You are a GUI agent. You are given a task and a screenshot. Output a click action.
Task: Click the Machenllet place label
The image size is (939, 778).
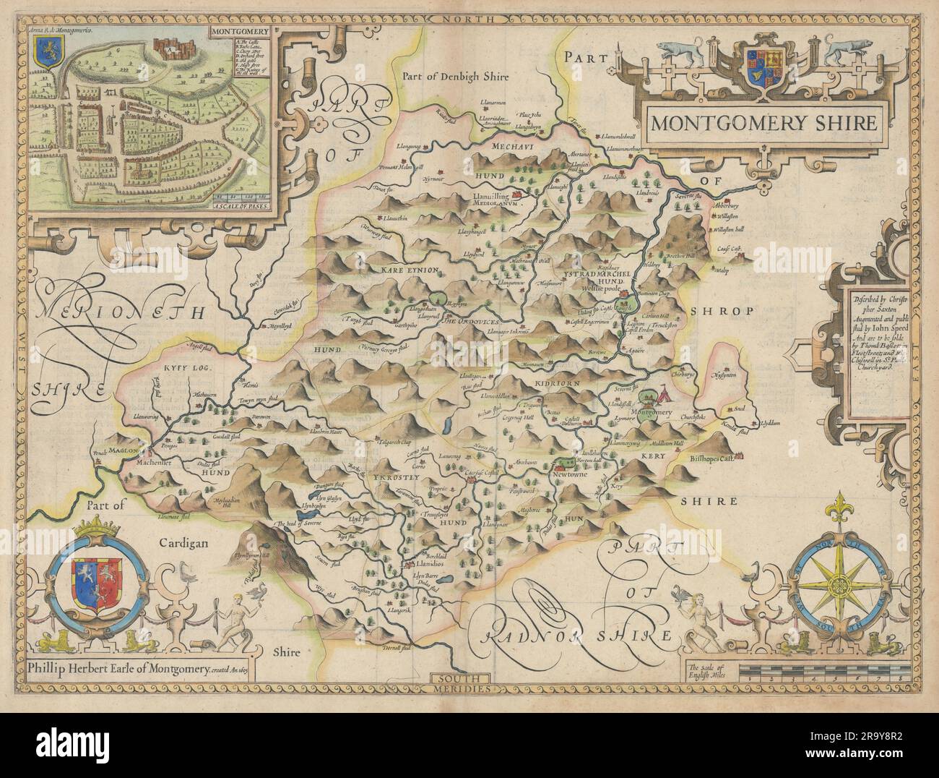coord(142,461)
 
